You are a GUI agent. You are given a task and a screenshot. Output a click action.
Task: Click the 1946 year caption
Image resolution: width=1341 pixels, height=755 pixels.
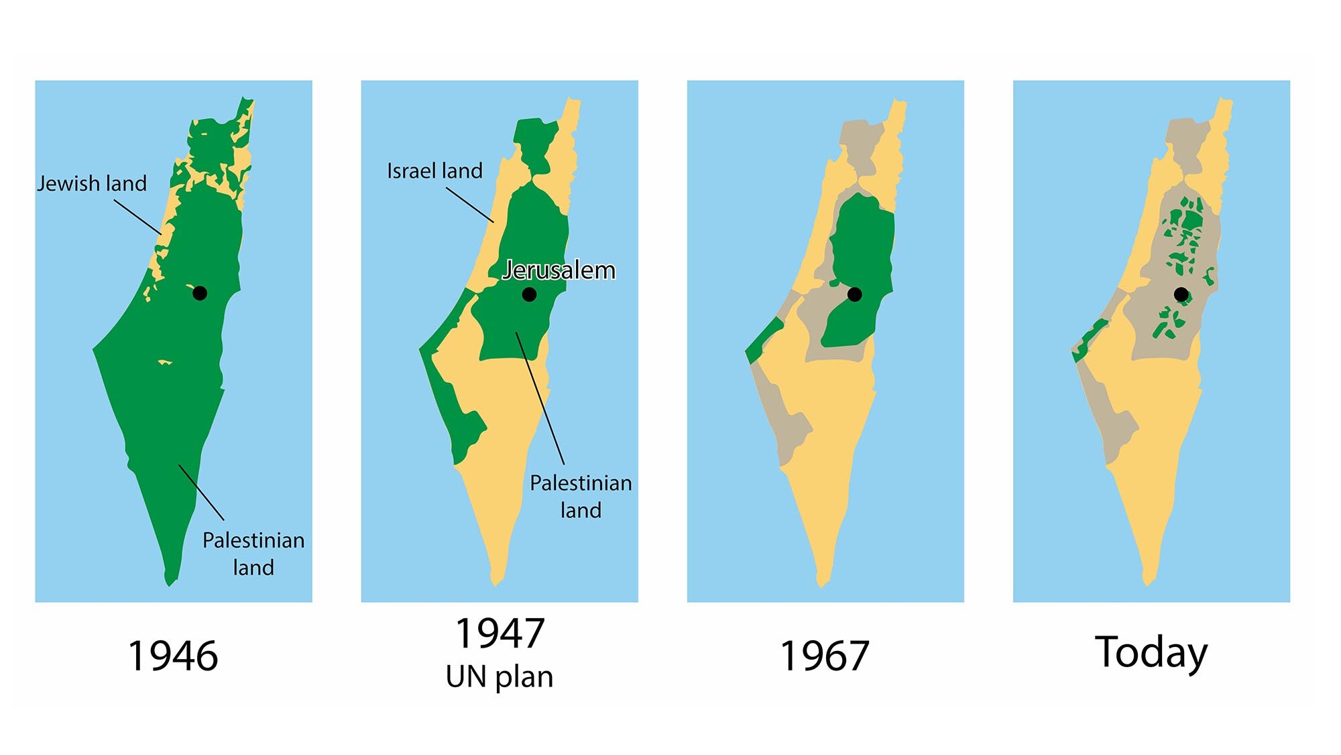173,656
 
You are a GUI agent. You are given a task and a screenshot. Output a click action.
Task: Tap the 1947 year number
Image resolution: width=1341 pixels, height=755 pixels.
500,634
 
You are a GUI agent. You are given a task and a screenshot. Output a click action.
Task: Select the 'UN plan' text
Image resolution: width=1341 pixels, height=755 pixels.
500,676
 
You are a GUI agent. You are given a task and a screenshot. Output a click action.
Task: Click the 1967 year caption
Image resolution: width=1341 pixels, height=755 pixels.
825,656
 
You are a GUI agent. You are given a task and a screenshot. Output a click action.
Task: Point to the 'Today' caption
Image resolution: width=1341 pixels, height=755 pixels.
1151,652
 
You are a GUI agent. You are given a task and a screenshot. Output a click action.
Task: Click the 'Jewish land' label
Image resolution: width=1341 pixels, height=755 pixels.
92,183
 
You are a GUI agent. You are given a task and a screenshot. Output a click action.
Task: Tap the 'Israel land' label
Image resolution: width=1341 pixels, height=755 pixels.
434,170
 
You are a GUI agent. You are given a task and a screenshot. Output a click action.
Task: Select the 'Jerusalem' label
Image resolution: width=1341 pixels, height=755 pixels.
559,270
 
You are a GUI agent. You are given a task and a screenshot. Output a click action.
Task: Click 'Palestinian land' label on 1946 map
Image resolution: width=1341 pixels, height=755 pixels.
253,554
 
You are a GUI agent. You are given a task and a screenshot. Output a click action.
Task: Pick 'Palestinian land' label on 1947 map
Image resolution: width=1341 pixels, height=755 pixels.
581,497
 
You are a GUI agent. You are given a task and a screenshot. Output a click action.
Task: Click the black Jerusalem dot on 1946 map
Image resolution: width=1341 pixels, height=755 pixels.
200,293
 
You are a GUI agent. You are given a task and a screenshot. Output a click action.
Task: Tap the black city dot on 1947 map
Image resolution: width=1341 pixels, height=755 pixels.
529,294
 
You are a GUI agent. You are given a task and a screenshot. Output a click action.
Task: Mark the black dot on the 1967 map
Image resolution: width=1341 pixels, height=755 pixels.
855,294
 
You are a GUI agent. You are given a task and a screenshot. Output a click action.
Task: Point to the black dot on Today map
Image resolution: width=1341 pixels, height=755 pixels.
1181,294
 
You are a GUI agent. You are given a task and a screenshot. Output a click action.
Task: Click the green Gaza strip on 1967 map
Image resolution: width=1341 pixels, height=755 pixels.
764,339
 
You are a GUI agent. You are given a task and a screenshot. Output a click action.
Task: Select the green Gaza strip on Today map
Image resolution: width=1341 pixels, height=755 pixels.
1090,339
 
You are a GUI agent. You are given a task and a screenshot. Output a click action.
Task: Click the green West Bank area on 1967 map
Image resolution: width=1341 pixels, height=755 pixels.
862,255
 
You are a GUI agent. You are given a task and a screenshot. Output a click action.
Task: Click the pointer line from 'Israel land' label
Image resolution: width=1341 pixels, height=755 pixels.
469,205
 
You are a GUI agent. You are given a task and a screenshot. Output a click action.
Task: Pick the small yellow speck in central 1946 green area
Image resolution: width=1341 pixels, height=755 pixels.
164,362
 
